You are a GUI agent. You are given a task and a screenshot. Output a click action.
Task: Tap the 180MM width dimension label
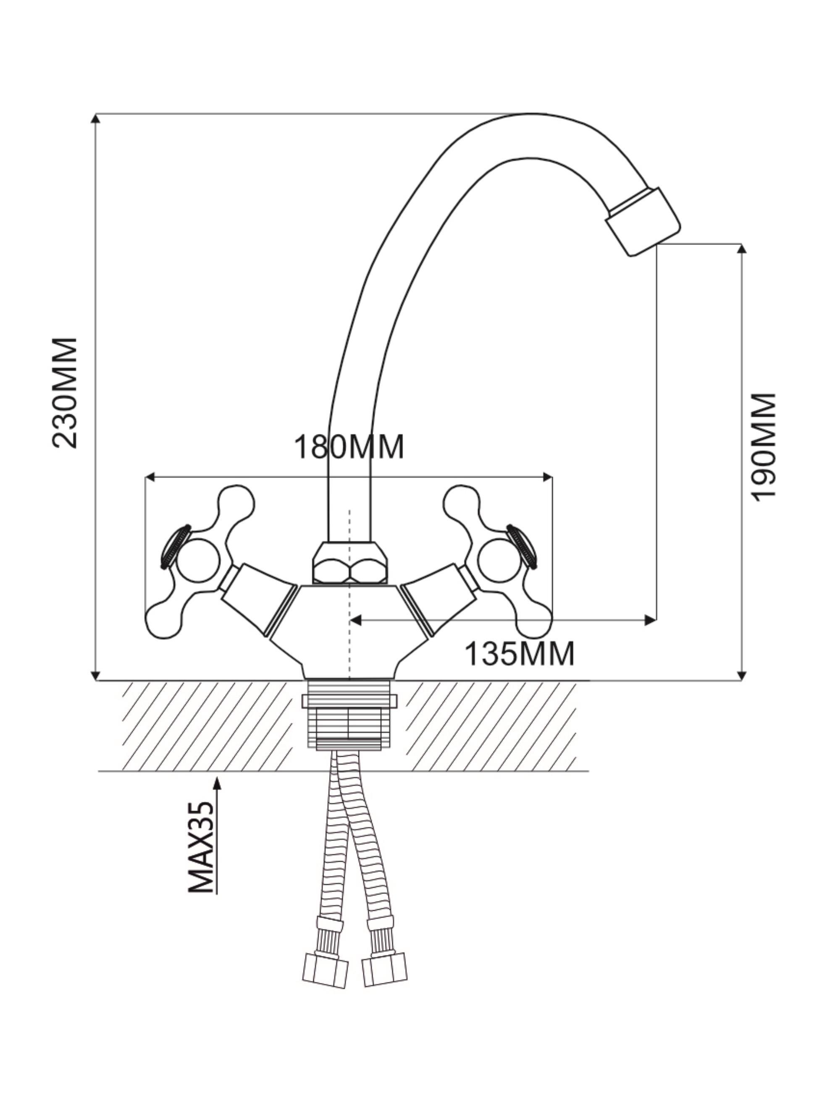pyautogui.click(x=349, y=447)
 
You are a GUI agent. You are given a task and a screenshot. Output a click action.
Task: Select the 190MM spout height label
pyautogui.click(x=763, y=447)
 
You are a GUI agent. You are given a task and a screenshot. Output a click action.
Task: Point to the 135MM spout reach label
pyautogui.click(x=519, y=654)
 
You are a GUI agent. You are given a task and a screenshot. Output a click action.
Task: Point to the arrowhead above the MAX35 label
pyautogui.click(x=217, y=783)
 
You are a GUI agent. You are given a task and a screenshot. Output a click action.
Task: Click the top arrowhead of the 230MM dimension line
pyautogui.click(x=95, y=118)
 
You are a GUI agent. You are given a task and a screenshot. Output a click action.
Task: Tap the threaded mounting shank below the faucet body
pyautogui.click(x=349, y=713)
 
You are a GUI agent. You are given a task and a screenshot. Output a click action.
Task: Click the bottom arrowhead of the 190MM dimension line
pyautogui.click(x=741, y=676)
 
